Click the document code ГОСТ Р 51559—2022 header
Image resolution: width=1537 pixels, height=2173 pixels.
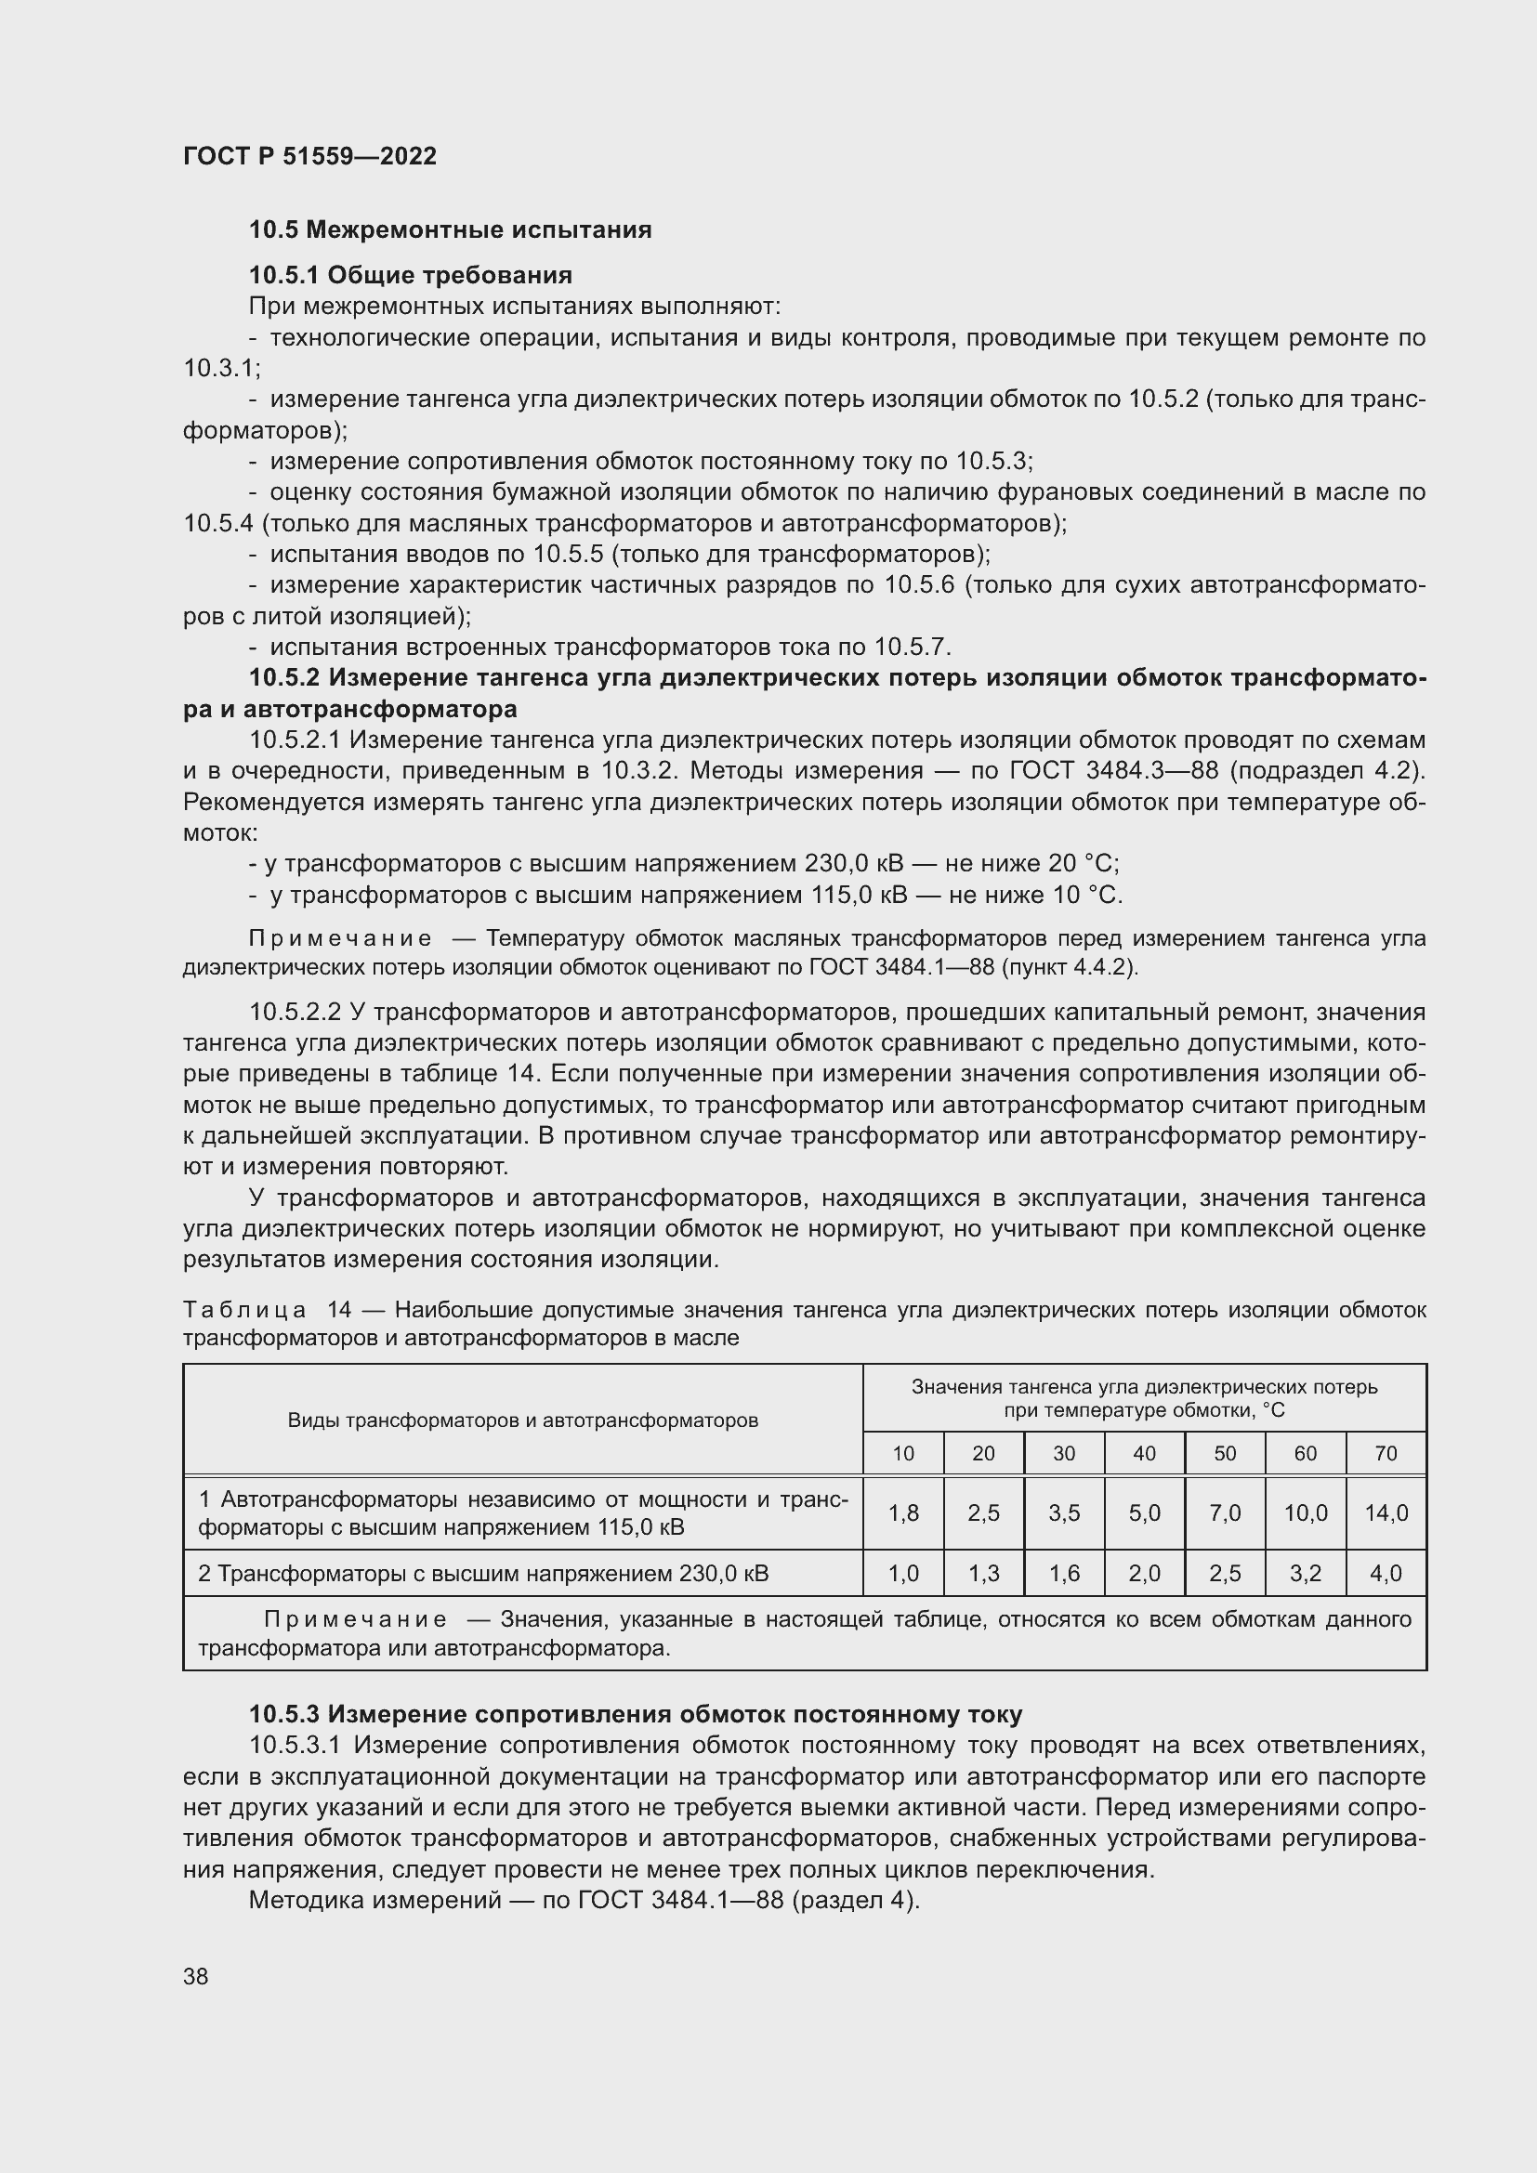309,156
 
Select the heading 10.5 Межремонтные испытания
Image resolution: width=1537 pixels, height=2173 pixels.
451,230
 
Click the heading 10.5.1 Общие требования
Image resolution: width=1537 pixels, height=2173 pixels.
411,275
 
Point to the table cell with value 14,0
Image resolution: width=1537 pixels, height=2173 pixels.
1386,1513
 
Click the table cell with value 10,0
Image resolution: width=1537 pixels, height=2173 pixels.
1305,1513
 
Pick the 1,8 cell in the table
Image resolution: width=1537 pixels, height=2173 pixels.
903,1513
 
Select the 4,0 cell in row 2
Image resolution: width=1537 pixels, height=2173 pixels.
1386,1574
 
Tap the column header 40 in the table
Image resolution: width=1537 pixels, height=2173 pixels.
1144,1454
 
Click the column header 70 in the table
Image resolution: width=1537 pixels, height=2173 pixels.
1386,1454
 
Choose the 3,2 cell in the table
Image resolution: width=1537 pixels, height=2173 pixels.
1305,1574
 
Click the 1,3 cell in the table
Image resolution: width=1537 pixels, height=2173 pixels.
983,1574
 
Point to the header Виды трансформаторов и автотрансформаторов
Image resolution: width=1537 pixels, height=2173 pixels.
522,1420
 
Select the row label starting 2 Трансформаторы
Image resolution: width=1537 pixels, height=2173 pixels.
482,1574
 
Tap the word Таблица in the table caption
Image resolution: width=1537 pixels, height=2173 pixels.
244,1310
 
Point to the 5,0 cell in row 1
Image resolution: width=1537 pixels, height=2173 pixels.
1144,1513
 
